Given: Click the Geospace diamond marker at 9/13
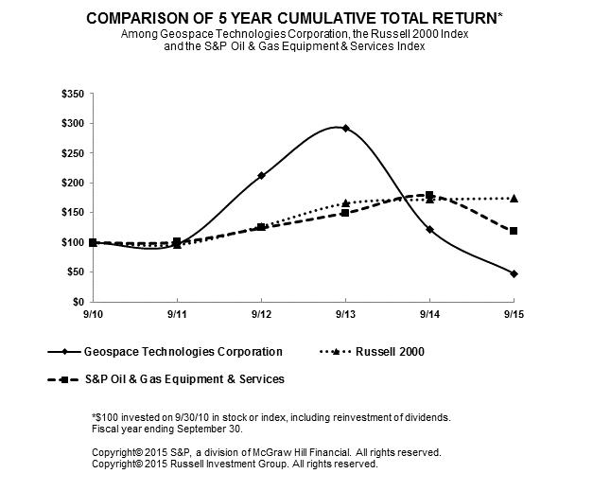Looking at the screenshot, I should click(x=345, y=128).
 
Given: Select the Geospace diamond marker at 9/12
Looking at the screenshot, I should click(x=261, y=175).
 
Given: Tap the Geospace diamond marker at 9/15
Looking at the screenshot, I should click(x=514, y=273).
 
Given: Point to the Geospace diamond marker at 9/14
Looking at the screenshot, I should click(x=429, y=229).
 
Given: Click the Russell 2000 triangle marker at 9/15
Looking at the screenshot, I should click(x=514, y=198).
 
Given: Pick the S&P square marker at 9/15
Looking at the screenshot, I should click(x=514, y=231).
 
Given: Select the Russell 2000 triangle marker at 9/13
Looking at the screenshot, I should click(x=345, y=202).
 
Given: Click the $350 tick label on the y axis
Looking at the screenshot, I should click(x=72, y=94).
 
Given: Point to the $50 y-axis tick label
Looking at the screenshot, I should click(x=75, y=272).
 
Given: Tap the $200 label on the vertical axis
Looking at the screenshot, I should click(x=72, y=183).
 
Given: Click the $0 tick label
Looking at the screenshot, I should click(x=79, y=301).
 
